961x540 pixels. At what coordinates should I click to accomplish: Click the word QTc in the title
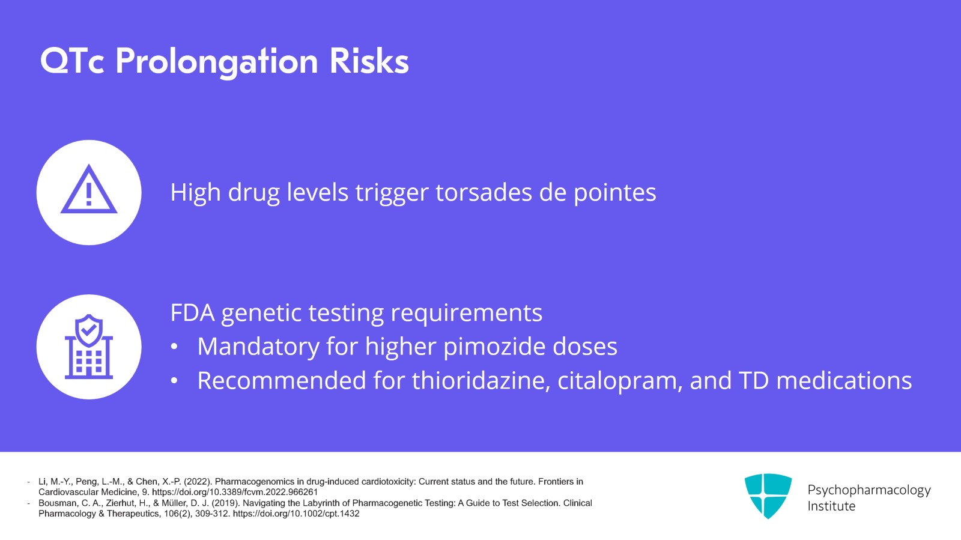pos(72,61)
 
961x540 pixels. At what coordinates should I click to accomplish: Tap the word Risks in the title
pos(369,61)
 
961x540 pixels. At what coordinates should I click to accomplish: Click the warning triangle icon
pos(89,189)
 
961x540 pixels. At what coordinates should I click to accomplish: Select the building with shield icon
pos(89,347)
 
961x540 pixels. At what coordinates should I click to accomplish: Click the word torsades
pos(484,192)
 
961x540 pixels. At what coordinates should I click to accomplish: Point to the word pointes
pos(615,193)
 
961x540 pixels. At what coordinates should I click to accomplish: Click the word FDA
pos(192,313)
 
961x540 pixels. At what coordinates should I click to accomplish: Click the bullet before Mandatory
pos(174,347)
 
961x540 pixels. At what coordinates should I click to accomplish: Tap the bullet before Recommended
pos(174,381)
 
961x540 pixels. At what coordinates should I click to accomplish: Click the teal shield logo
pos(768,496)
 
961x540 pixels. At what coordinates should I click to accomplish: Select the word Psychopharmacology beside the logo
pos(869,490)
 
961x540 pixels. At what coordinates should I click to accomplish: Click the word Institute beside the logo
pos(831,506)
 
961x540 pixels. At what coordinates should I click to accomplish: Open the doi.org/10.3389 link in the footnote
pos(235,492)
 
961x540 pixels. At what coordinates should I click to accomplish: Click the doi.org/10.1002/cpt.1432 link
pos(296,514)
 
